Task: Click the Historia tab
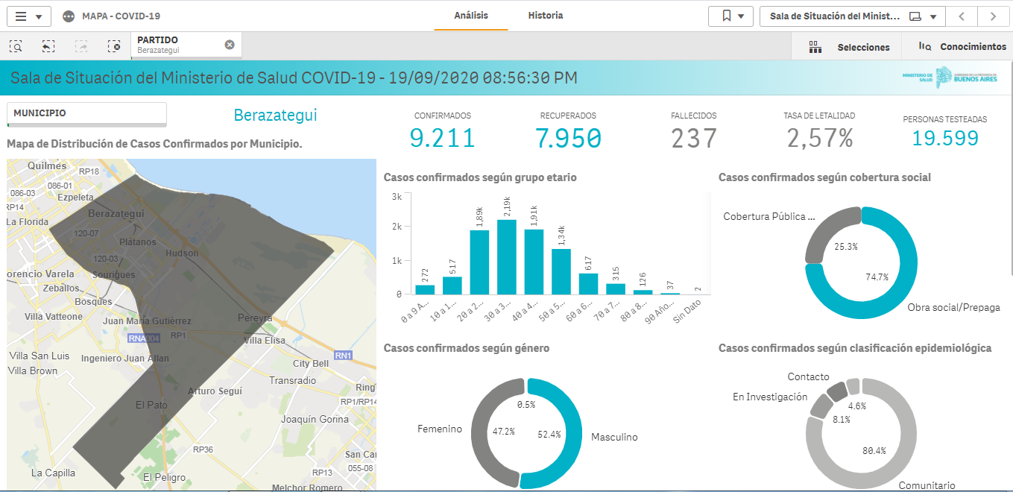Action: (x=545, y=16)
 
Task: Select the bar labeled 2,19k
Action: (x=506, y=257)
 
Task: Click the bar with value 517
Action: (x=452, y=286)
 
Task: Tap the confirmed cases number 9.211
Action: (x=442, y=139)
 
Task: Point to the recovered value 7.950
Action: (x=568, y=139)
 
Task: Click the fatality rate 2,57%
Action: (x=819, y=139)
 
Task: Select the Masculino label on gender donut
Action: (x=614, y=438)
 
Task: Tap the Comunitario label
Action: (x=927, y=485)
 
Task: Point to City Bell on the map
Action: (x=311, y=364)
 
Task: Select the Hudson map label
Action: (x=182, y=253)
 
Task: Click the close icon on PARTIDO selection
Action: (x=230, y=45)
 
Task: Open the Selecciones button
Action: (x=849, y=47)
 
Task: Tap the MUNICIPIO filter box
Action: (x=86, y=114)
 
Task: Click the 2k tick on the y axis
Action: (x=397, y=227)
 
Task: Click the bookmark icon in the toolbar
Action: (x=727, y=16)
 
